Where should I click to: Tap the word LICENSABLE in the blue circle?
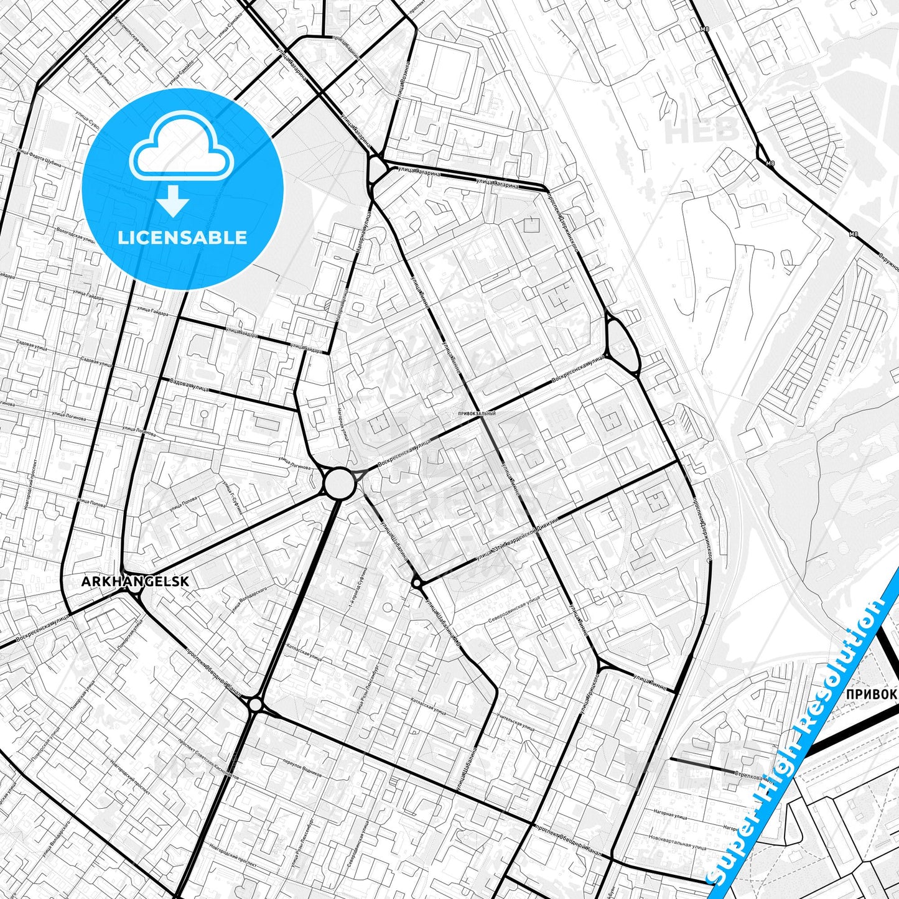pyautogui.click(x=182, y=238)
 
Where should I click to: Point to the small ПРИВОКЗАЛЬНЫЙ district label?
pyautogui.click(x=476, y=413)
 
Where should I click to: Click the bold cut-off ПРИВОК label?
pyautogui.click(x=871, y=694)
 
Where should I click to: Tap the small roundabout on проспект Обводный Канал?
pyautogui.click(x=255, y=704)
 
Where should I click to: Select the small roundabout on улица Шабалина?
pyautogui.click(x=416, y=583)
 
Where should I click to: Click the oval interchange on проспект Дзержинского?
pyautogui.click(x=620, y=343)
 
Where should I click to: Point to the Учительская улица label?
pyautogui.click(x=516, y=723)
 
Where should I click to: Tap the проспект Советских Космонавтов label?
pyautogui.click(x=208, y=759)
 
